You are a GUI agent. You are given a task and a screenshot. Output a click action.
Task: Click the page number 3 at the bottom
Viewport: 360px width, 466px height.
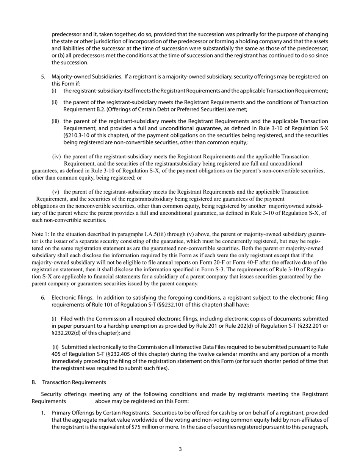click(x=180, y=449)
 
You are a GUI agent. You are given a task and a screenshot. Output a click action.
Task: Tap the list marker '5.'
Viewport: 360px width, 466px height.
click(x=43, y=77)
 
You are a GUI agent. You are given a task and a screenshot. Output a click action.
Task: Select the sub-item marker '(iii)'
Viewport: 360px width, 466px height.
click(x=56, y=121)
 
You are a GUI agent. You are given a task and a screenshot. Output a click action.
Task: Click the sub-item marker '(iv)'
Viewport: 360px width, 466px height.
click(x=57, y=157)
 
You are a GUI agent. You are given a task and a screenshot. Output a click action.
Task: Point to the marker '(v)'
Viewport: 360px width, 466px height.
click(x=57, y=192)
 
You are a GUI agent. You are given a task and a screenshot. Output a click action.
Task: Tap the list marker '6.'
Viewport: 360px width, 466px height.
click(x=43, y=298)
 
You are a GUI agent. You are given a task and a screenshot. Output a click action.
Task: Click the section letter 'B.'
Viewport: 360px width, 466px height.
click(x=34, y=382)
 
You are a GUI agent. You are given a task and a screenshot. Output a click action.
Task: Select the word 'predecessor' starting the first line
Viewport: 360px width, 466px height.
click(x=66, y=34)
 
